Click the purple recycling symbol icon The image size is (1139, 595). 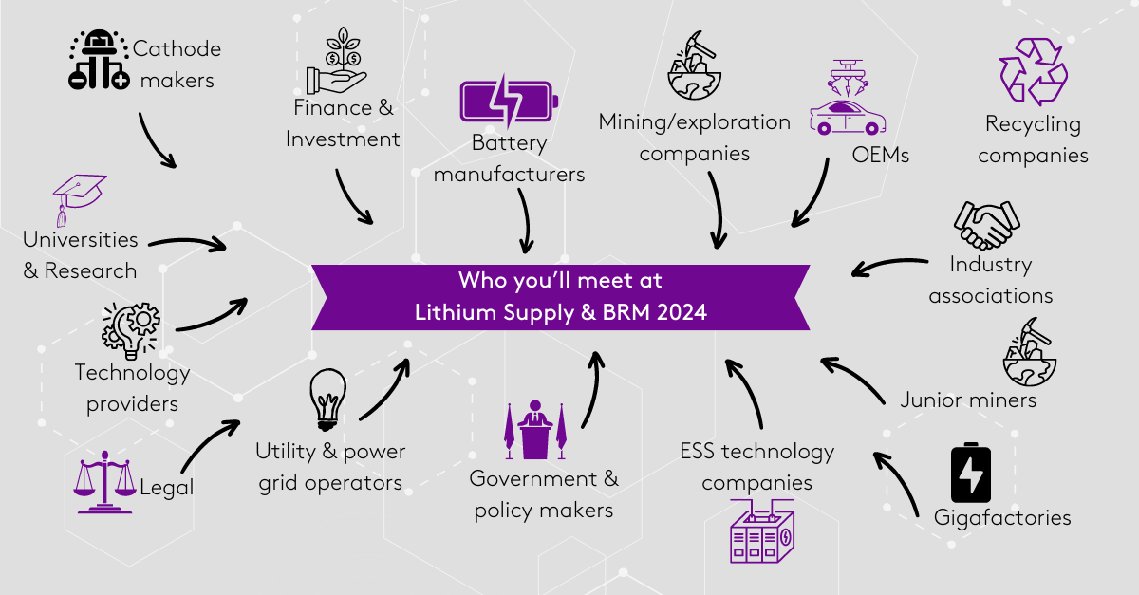click(x=1034, y=72)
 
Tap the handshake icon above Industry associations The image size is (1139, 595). click(x=984, y=225)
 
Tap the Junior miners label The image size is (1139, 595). click(x=968, y=400)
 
